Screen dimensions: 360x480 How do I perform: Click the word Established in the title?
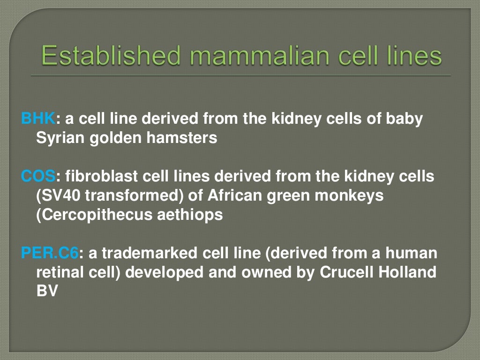tap(110, 55)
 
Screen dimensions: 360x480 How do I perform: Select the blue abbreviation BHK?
tap(38, 120)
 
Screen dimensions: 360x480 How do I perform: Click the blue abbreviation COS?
tap(38, 177)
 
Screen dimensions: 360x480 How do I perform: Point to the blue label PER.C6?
tap(50, 254)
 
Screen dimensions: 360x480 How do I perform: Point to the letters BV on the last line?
tap(46, 292)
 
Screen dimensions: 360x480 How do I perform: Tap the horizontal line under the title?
tap(240, 75)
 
